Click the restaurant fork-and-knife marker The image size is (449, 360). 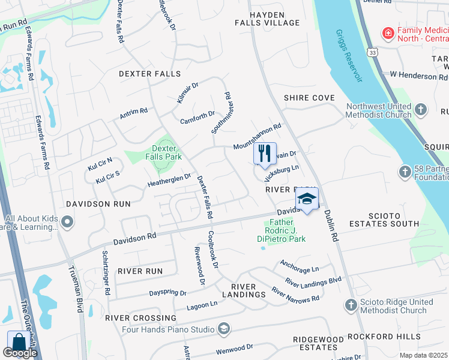(x=265, y=153)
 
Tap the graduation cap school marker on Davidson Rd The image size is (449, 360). (x=306, y=199)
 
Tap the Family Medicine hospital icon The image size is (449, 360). (x=388, y=32)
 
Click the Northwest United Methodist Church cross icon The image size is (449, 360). (x=421, y=110)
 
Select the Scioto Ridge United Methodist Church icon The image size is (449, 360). (x=351, y=305)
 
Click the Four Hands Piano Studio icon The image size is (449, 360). (x=224, y=329)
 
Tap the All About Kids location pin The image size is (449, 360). (x=67, y=223)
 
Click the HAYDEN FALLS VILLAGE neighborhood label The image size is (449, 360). (x=266, y=18)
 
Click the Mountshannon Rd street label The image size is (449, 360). (x=257, y=137)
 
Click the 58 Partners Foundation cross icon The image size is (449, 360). (x=405, y=173)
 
